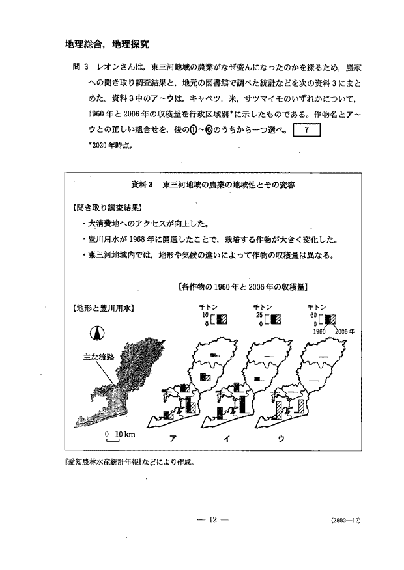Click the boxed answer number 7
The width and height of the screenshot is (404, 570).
point(306,130)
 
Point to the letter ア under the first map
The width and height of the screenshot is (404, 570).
point(173,438)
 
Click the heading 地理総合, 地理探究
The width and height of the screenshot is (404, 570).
point(107,45)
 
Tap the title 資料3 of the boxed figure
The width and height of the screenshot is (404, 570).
point(141,185)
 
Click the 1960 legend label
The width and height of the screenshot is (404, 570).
point(318,331)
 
